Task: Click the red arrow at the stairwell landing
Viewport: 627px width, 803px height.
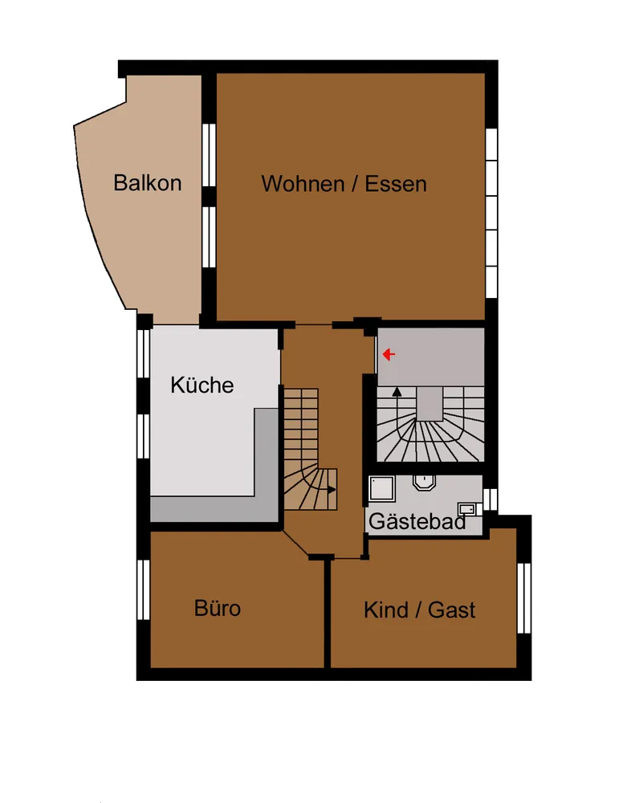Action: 389,354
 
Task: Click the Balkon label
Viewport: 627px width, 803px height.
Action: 148,183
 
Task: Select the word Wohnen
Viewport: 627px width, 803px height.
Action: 303,184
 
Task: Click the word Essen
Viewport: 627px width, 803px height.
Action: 396,184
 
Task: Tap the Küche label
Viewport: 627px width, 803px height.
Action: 202,385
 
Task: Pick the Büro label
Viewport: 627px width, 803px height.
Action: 218,608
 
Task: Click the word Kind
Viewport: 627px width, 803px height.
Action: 386,610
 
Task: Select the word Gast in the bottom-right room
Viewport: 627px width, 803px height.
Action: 451,610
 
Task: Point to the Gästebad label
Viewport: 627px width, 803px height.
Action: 417,521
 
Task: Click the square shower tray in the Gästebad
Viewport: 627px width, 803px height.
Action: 382,488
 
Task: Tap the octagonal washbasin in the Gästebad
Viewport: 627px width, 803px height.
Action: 423,483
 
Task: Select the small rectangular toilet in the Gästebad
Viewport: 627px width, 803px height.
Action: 468,509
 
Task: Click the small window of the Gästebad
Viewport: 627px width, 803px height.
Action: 491,499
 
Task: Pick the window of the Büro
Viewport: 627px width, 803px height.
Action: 144,589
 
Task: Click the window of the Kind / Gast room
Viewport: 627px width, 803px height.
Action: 524,598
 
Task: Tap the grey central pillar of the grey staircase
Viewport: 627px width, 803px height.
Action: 429,404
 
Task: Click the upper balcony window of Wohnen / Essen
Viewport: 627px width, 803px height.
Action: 209,155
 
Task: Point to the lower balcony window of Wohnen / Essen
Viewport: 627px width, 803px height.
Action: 209,237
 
